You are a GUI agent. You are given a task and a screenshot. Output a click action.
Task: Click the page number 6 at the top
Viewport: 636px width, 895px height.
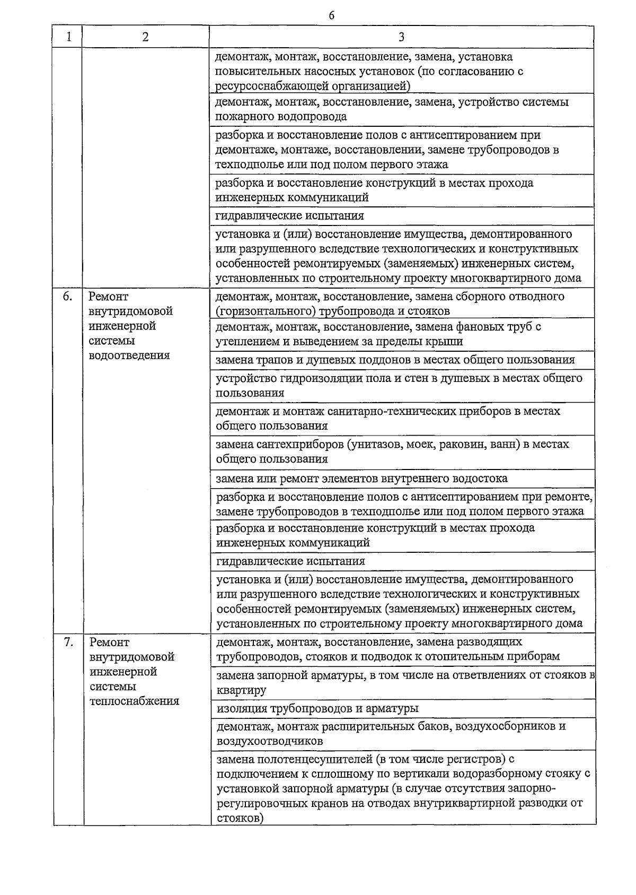point(331,15)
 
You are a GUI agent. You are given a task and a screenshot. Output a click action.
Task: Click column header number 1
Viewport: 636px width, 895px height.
point(68,37)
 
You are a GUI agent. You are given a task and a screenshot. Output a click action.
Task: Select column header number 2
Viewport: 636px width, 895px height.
point(145,37)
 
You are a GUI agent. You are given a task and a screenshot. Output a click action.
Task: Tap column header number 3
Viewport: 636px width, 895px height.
point(401,37)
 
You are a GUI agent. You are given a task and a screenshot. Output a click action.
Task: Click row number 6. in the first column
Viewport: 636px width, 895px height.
point(67,297)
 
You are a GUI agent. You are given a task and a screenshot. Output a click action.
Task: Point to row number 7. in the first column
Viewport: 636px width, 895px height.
point(68,642)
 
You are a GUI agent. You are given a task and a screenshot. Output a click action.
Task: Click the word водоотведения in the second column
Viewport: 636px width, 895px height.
point(129,355)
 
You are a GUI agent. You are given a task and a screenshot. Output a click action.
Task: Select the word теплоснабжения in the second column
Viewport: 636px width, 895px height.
point(135,701)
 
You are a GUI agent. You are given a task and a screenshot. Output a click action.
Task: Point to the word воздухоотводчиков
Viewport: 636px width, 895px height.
point(270,741)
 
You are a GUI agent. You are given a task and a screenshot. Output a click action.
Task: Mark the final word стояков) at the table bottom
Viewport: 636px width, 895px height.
point(240,818)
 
